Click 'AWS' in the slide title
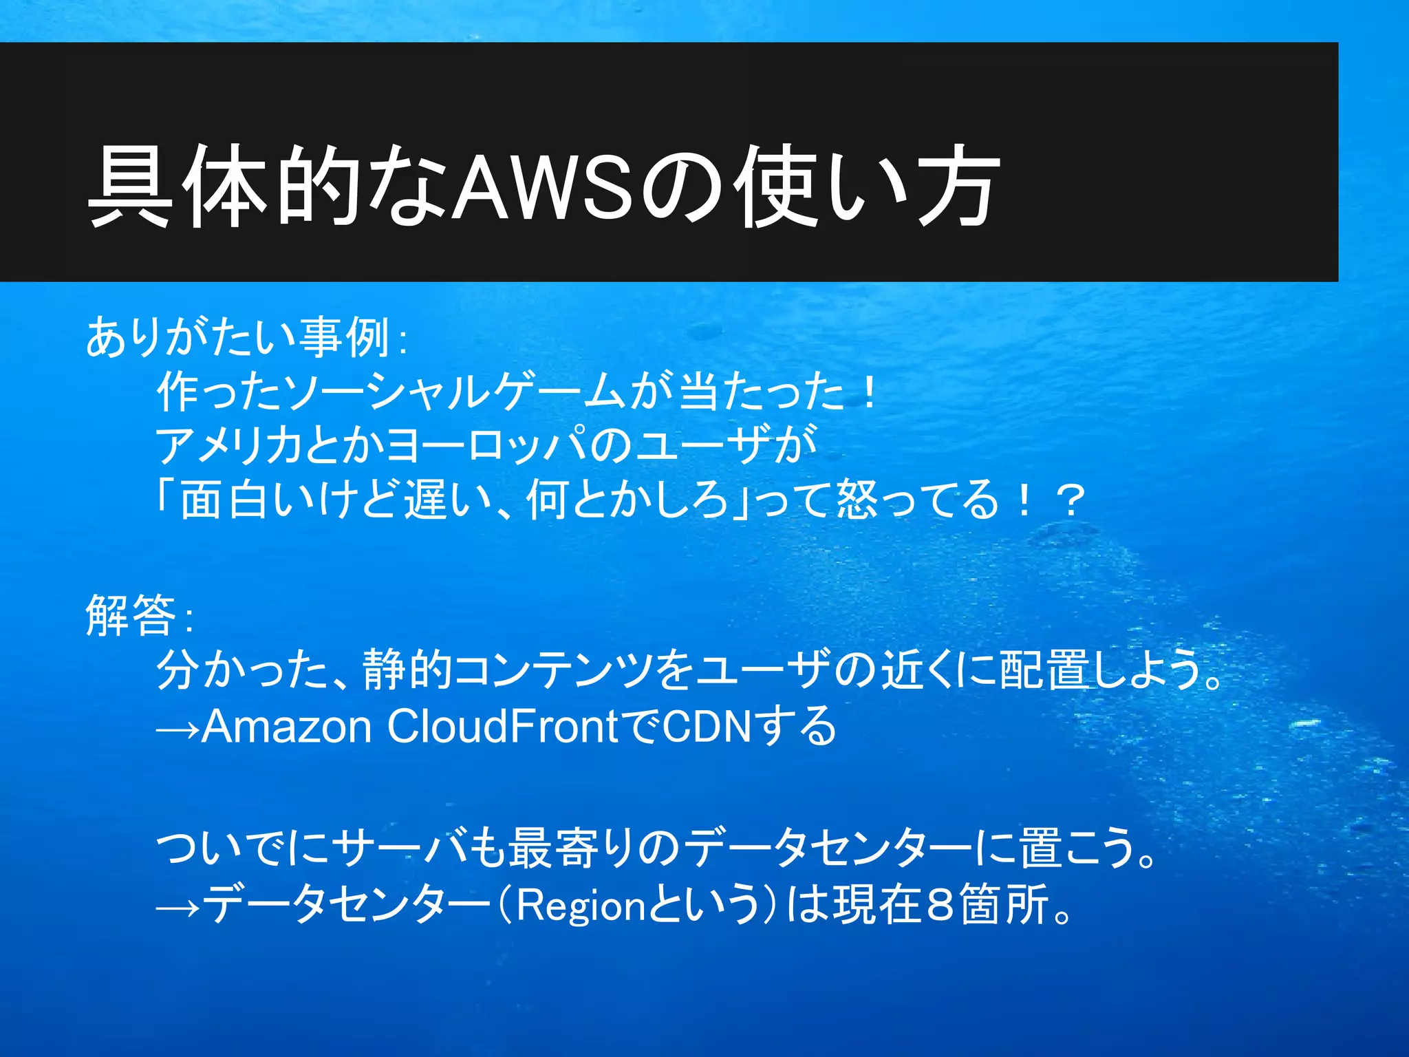click(x=544, y=186)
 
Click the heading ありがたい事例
click(x=237, y=338)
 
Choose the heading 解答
click(x=131, y=615)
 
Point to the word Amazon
click(x=286, y=726)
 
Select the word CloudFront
click(x=502, y=726)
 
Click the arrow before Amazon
click(x=178, y=728)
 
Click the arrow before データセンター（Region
click(x=178, y=907)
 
